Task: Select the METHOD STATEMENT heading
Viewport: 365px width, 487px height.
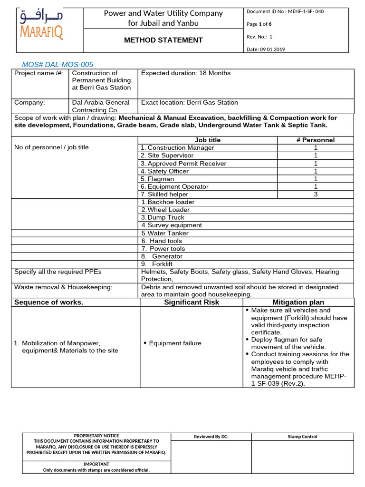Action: point(163,40)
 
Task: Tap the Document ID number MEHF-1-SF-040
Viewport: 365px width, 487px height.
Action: point(285,11)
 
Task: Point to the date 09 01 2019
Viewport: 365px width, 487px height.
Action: point(266,49)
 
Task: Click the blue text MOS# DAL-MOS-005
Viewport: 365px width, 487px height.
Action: point(58,64)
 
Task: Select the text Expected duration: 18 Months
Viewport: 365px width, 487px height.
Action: point(185,73)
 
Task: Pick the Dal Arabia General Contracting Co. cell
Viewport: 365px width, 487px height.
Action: point(100,106)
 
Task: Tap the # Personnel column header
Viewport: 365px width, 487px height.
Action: point(315,140)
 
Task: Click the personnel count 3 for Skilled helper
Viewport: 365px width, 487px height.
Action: point(315,195)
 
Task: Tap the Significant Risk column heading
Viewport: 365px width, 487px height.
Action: point(192,302)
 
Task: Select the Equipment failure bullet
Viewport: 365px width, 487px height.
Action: point(172,343)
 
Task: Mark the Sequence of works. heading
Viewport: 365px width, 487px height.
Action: point(48,302)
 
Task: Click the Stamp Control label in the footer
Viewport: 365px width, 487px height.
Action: point(302,437)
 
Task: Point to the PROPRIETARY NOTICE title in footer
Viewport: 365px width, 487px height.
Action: point(96,436)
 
